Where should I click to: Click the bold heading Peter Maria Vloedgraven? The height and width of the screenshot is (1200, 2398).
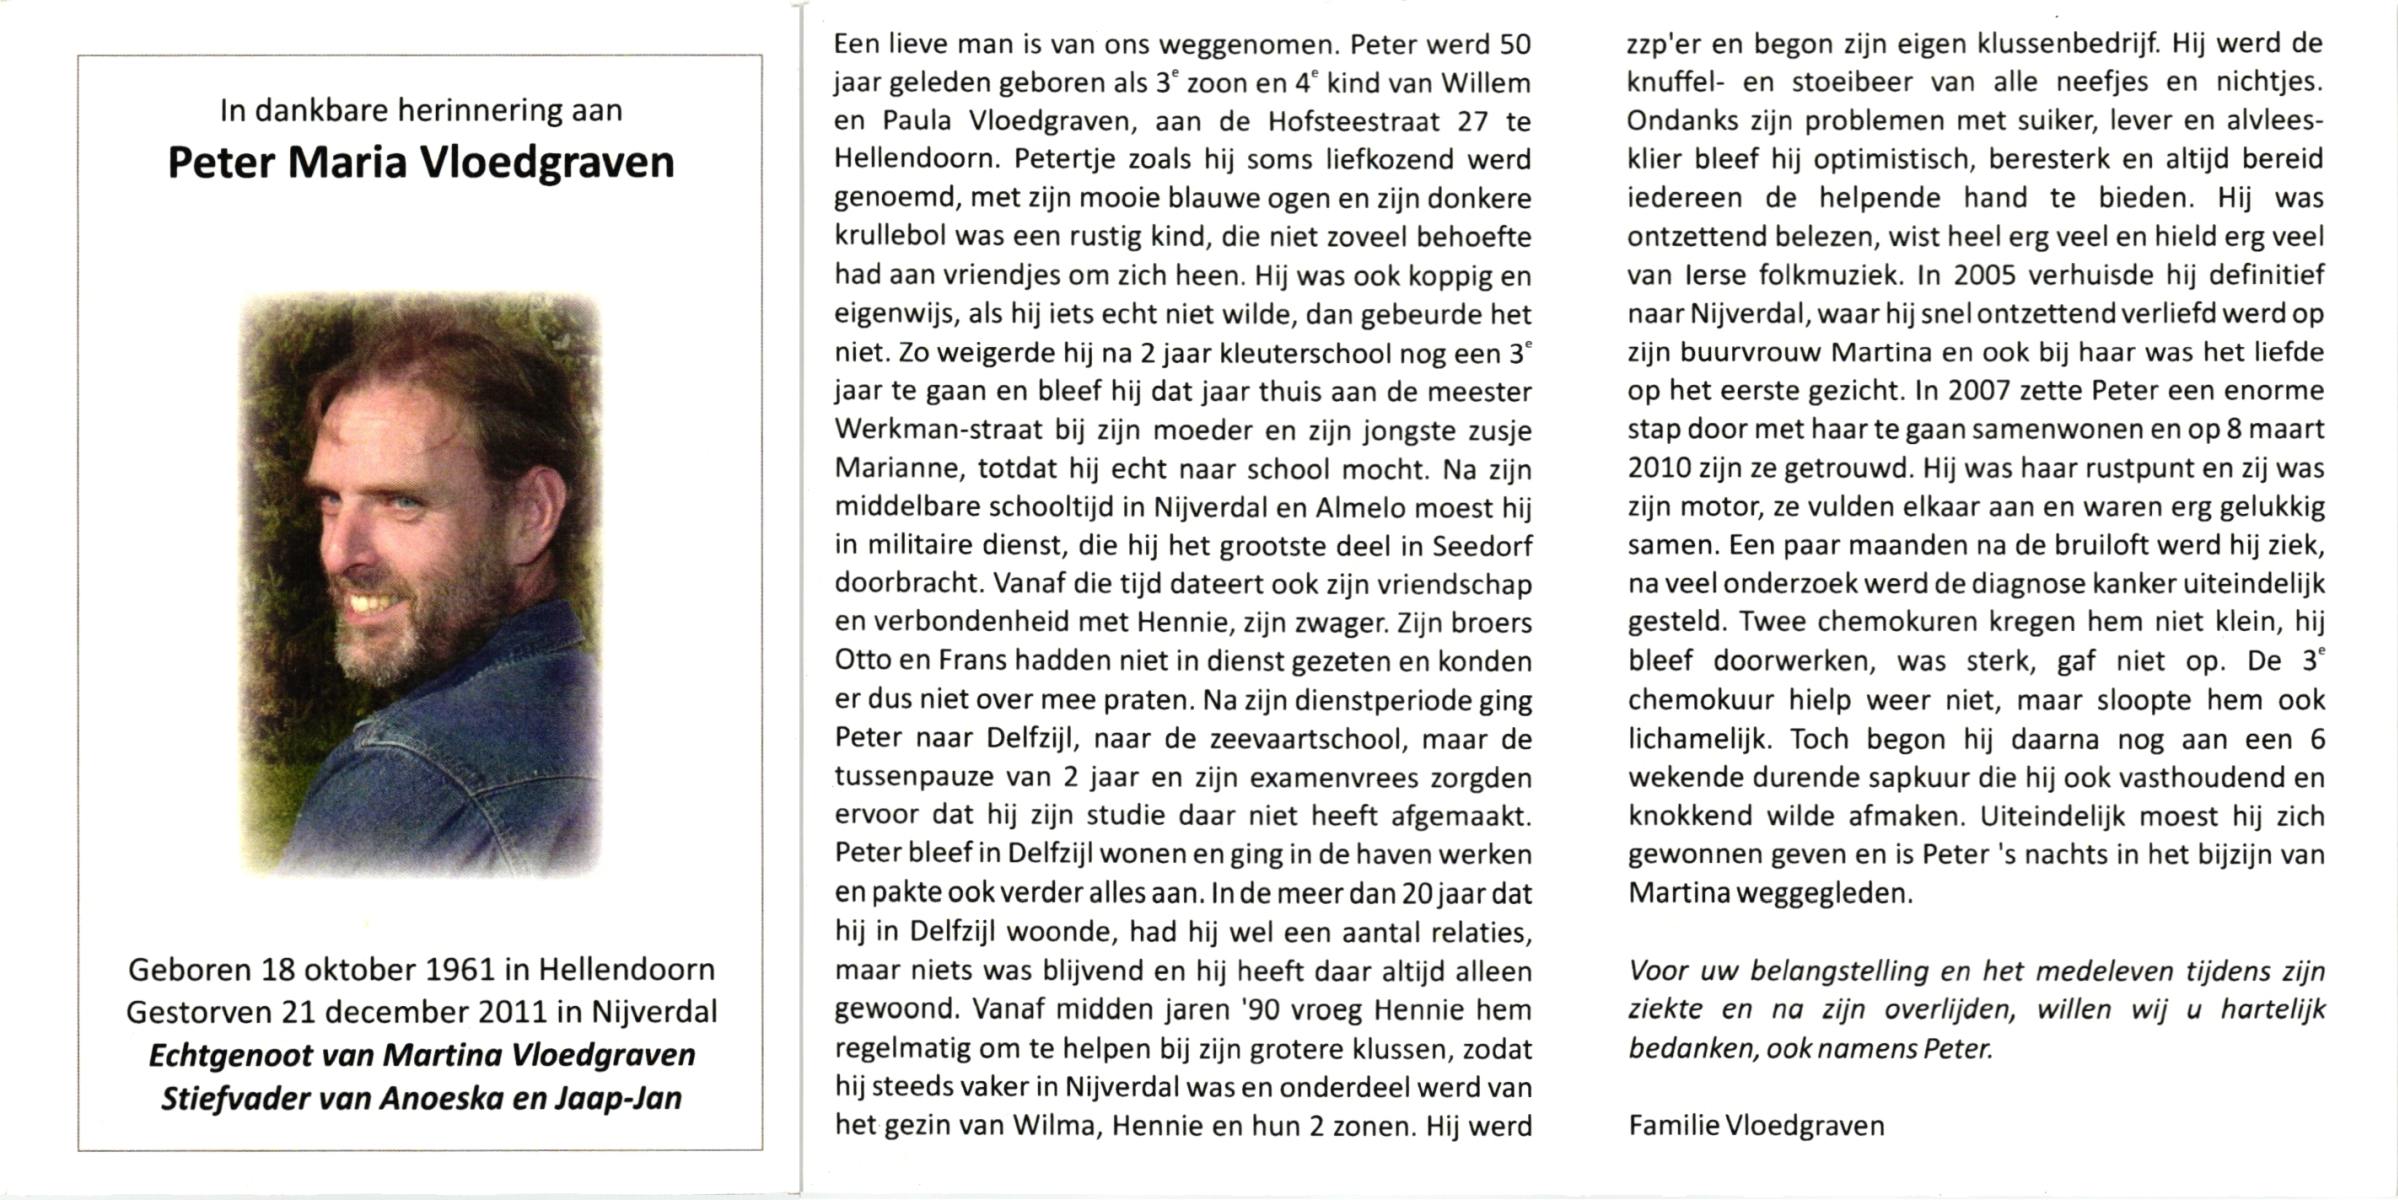click(x=421, y=163)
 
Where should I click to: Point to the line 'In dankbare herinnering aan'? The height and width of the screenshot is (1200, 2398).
click(x=421, y=110)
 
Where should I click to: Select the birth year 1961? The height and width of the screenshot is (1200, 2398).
click(x=461, y=969)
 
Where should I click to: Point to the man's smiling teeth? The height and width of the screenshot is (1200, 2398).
click(x=370, y=602)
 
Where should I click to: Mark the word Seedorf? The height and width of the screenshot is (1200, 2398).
click(x=1482, y=546)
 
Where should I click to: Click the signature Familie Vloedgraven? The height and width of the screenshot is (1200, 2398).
click(x=1756, y=1126)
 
